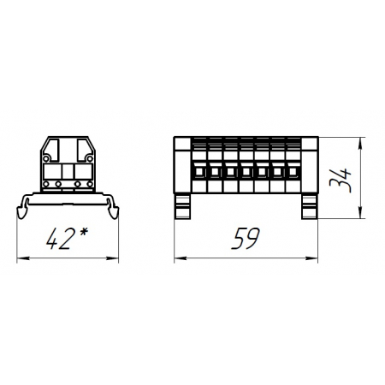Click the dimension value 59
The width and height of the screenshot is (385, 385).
[246, 239]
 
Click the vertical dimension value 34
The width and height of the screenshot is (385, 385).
[340, 181]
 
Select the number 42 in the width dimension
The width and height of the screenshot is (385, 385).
[59, 239]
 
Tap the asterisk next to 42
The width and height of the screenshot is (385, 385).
[83, 232]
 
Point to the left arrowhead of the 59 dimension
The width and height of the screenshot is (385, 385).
[181, 258]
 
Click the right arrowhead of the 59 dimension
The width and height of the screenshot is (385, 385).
[311, 258]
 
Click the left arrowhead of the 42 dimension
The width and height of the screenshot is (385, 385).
[23, 258]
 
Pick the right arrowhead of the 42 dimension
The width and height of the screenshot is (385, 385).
[112, 258]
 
